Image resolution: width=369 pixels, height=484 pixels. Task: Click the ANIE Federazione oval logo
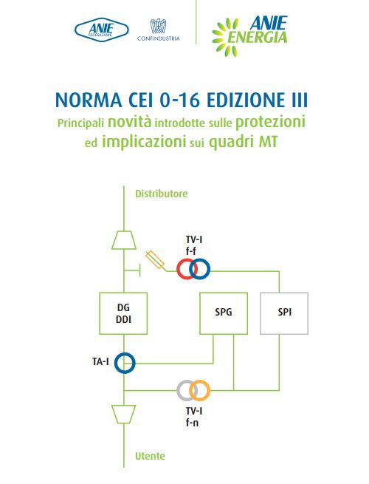101,30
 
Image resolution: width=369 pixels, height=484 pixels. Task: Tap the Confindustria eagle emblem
158,26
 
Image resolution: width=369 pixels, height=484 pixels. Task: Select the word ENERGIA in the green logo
257,38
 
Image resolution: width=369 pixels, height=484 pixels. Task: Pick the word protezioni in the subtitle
270,122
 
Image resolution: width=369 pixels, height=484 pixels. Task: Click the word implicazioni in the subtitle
144,142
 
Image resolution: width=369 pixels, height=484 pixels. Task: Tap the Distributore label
161,194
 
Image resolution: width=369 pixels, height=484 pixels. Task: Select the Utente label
150,456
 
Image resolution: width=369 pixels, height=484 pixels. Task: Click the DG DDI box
123,313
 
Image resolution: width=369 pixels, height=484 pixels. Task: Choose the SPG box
224,313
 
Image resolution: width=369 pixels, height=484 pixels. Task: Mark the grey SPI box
284,313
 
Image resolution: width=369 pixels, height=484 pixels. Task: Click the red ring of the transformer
177,269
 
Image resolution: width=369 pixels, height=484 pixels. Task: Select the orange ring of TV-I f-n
210,390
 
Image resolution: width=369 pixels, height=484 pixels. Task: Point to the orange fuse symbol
155,260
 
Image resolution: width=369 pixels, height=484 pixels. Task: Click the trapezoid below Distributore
124,240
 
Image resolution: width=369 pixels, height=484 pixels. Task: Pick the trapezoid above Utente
124,415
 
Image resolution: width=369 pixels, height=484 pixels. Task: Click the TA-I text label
100,361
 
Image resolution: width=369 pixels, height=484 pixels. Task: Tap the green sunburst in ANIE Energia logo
225,37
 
